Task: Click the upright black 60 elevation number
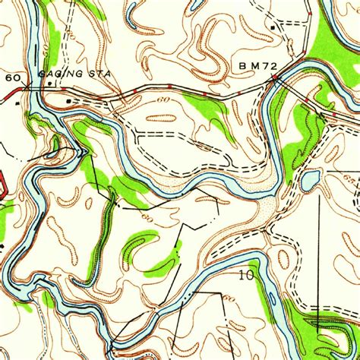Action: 13,78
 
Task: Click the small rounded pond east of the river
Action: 310,181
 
